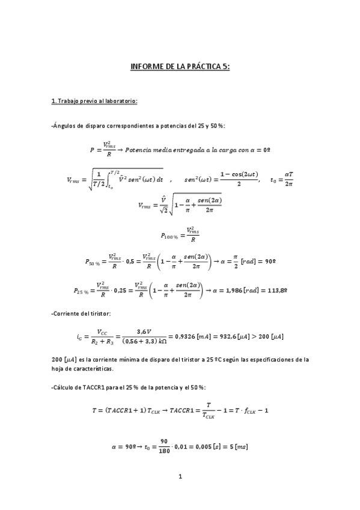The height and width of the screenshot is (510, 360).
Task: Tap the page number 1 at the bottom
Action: (180, 477)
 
